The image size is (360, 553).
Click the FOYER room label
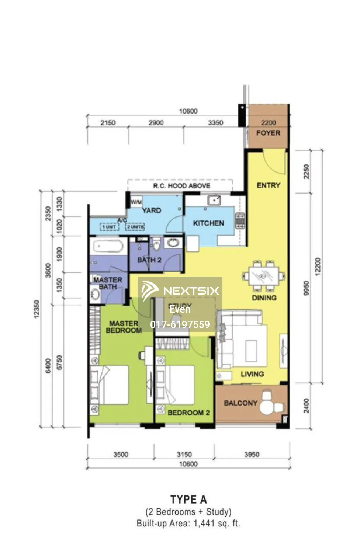click(268, 133)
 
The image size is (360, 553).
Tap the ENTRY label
click(268, 185)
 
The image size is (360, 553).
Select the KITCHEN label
click(208, 223)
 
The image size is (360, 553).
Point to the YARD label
click(152, 211)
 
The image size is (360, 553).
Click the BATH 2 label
click(149, 260)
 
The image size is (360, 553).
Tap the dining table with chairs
click(264, 276)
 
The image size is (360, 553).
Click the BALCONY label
click(240, 403)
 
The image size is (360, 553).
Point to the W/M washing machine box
click(136, 202)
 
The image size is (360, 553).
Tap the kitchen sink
click(214, 200)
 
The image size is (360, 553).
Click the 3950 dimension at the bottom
click(252, 455)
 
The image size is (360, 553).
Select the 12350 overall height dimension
click(36, 309)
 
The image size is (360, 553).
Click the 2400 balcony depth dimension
click(306, 406)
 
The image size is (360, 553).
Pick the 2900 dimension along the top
click(156, 123)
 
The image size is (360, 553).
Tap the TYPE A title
click(188, 500)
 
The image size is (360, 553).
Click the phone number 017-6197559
click(180, 324)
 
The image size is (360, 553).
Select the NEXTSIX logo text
click(191, 291)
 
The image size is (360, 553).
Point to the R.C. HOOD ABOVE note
click(181, 186)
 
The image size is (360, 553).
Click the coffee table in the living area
click(251, 351)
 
